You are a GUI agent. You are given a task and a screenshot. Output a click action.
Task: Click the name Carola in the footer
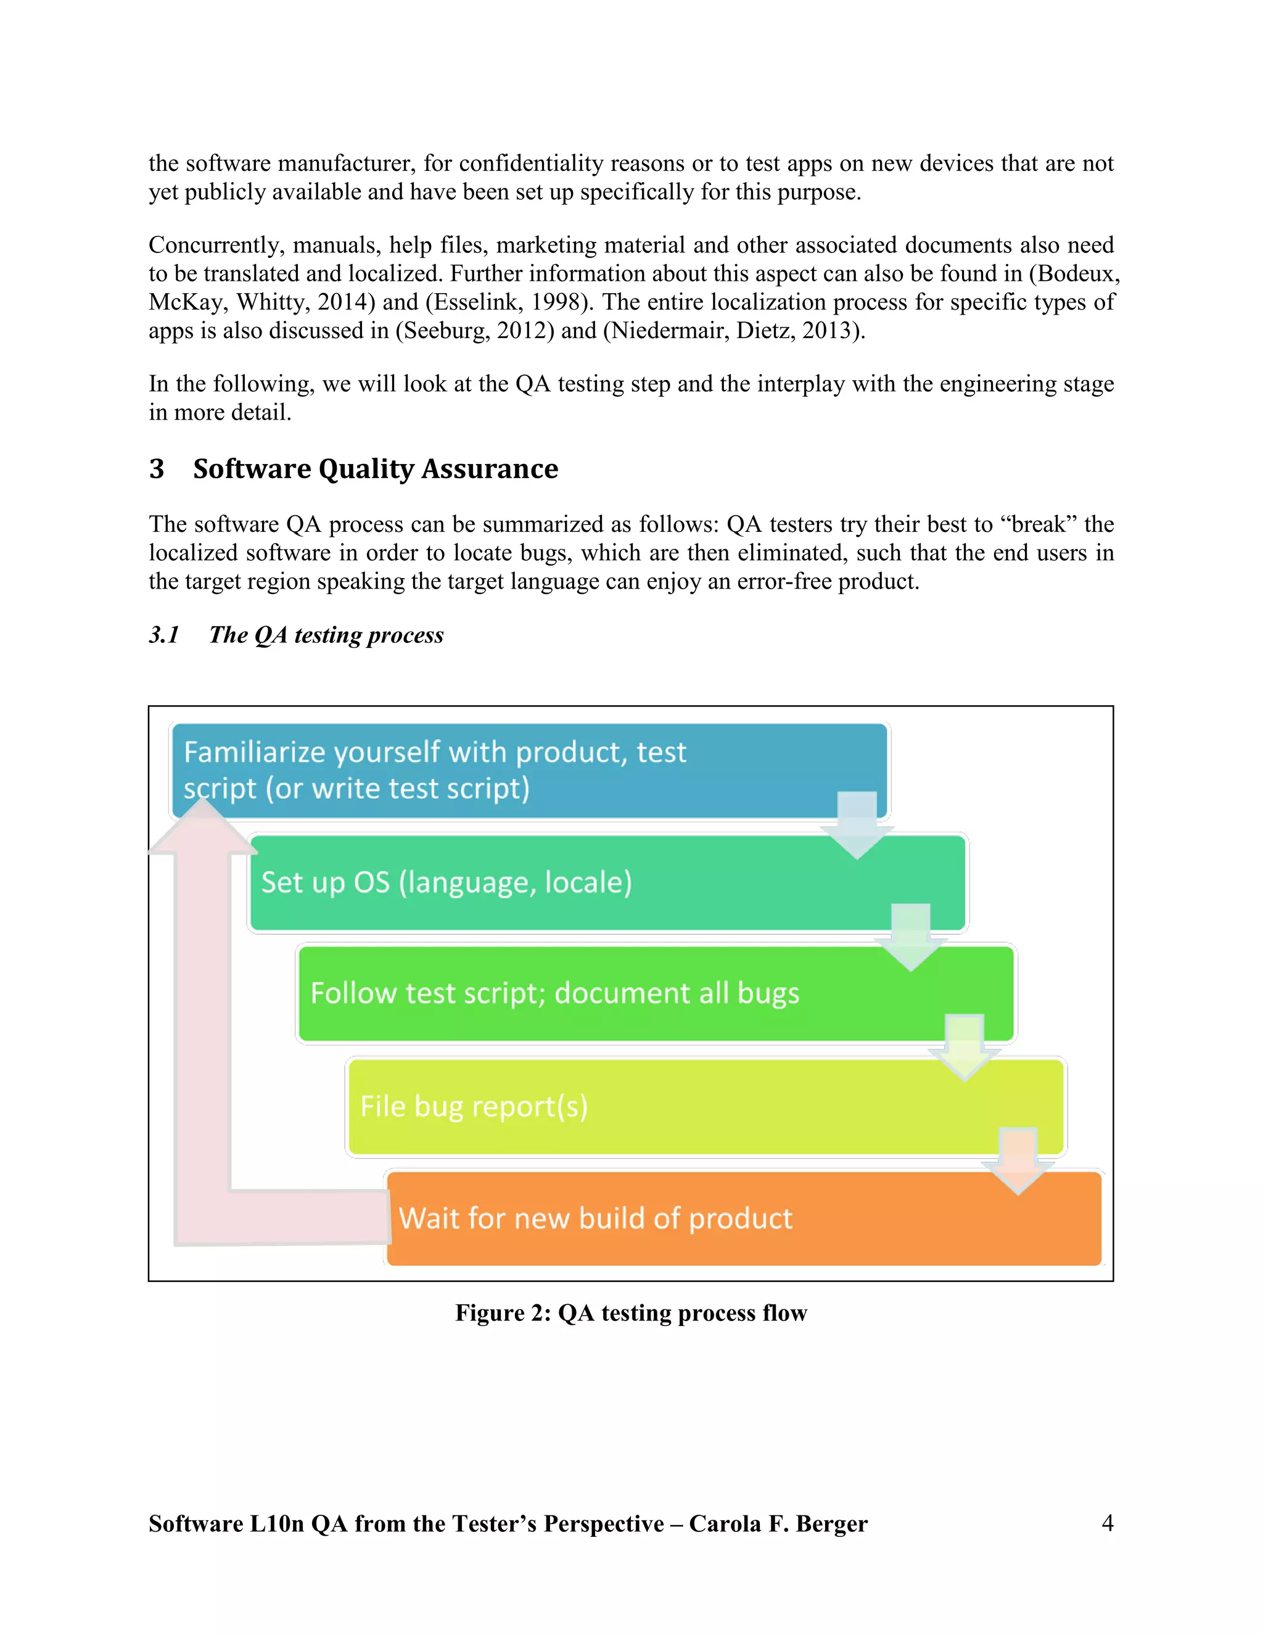pyautogui.click(x=725, y=1523)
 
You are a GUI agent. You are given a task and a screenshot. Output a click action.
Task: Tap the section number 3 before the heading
pyautogui.click(x=157, y=469)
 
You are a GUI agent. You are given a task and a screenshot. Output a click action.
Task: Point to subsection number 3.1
pyautogui.click(x=163, y=635)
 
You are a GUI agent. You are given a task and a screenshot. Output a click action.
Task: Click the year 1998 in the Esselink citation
pyautogui.click(x=555, y=302)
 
